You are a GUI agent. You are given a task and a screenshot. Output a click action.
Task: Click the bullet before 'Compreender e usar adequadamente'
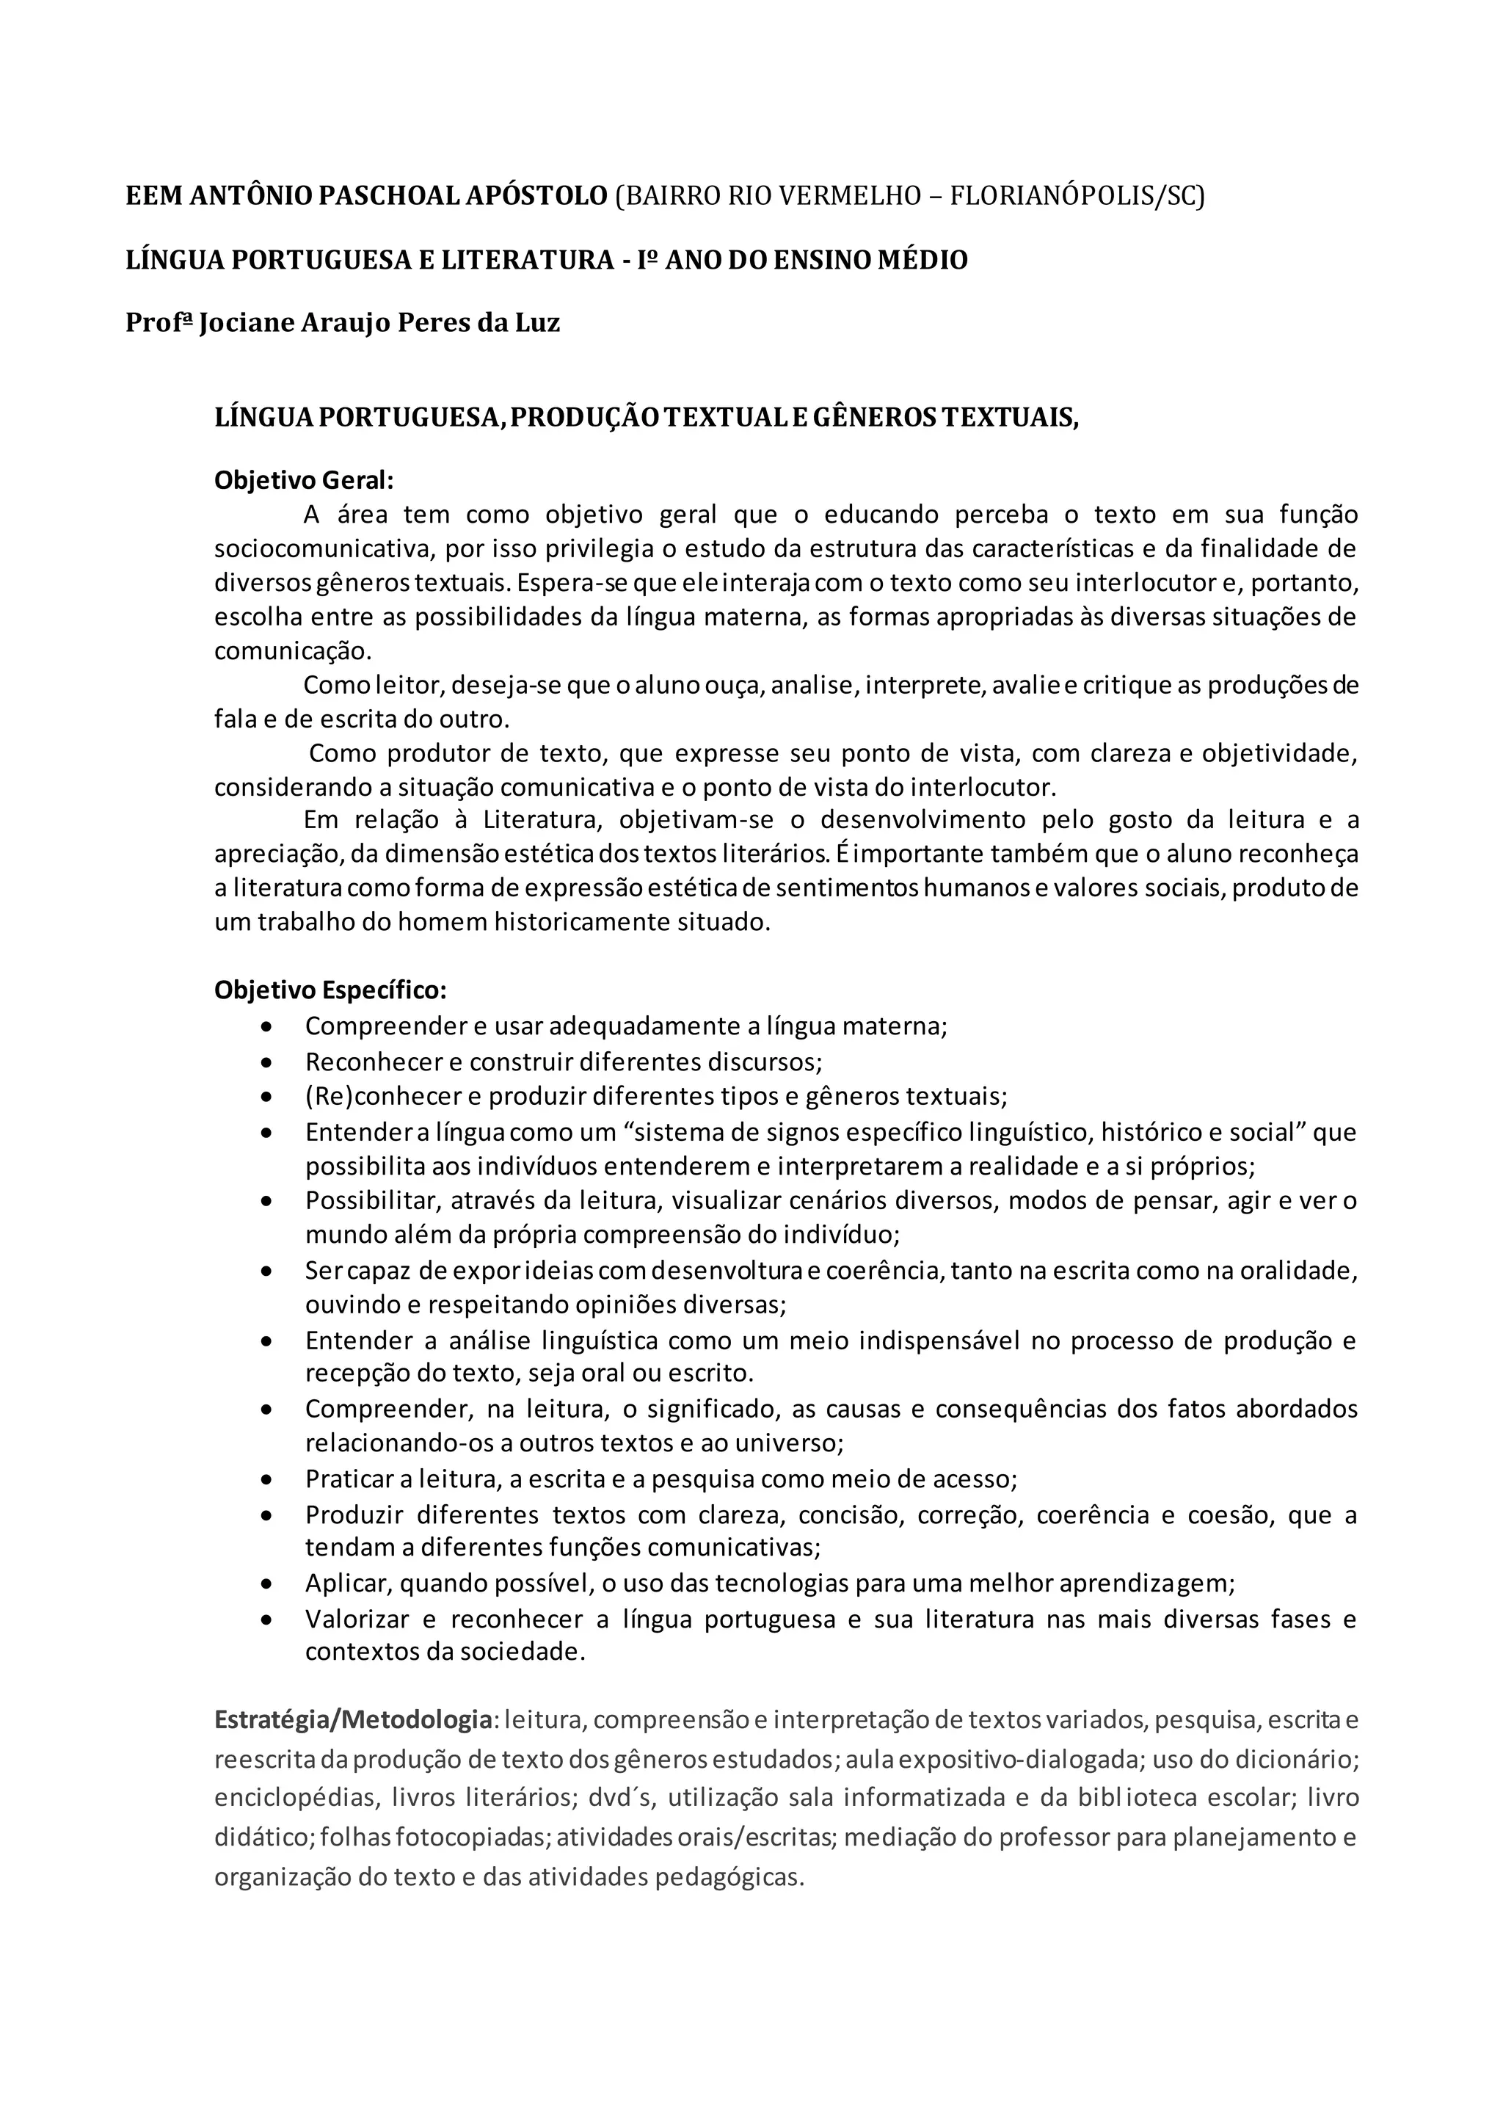[x=267, y=1028]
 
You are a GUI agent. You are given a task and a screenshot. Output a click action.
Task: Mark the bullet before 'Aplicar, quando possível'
[x=267, y=1584]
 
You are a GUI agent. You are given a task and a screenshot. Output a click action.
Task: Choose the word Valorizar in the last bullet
[x=357, y=1619]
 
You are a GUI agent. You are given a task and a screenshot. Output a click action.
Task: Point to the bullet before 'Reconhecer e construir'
[x=267, y=1063]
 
